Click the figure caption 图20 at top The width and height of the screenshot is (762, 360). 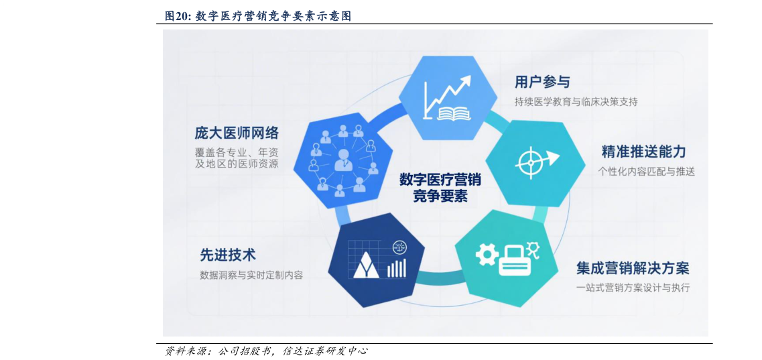(x=258, y=17)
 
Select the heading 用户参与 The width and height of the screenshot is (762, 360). (x=542, y=82)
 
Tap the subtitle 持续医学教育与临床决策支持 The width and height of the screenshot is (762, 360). (x=576, y=102)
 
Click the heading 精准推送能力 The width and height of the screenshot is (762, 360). (x=643, y=152)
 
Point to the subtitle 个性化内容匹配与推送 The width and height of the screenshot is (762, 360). (x=646, y=172)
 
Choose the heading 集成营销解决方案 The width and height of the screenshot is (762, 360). (x=633, y=268)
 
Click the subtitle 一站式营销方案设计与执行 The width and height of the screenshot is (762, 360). (x=633, y=288)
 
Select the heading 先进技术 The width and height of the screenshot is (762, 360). (x=228, y=255)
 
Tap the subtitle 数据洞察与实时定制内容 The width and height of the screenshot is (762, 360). (x=251, y=275)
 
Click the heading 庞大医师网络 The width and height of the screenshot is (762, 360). (x=237, y=132)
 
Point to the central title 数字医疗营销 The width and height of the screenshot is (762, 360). (x=440, y=180)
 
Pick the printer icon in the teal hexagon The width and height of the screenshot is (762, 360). (x=514, y=259)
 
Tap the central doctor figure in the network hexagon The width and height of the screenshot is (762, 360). (x=344, y=160)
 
